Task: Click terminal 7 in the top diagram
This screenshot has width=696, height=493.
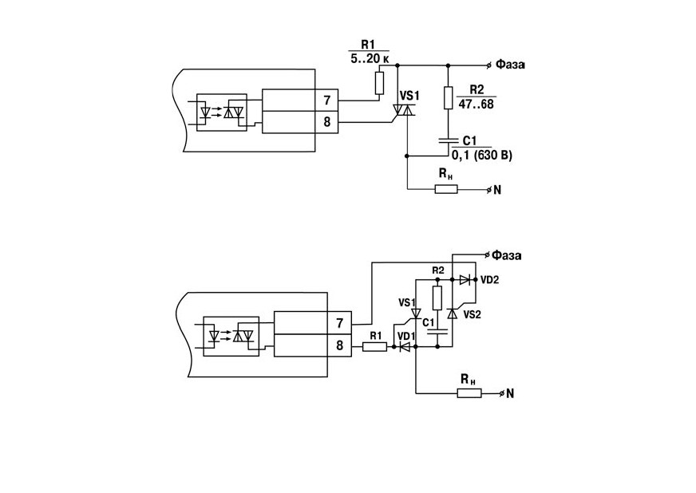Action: tap(326, 101)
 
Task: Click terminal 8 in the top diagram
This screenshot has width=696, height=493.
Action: tap(326, 122)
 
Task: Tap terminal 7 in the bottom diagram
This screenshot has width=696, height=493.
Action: tap(339, 323)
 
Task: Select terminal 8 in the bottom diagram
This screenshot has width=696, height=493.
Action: tap(339, 345)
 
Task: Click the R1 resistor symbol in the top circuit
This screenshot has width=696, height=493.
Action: tap(379, 83)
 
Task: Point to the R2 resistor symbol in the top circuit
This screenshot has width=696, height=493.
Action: tap(448, 98)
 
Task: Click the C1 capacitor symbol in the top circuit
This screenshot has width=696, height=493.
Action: tap(448, 140)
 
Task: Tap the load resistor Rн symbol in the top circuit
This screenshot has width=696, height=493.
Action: tap(446, 190)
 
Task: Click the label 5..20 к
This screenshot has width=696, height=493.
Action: tap(370, 58)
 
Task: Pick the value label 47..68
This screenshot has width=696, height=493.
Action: tap(476, 104)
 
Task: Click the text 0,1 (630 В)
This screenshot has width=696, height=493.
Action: tap(481, 156)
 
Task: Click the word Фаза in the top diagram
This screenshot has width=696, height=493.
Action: tap(510, 65)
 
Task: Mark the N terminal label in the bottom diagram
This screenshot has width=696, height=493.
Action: tap(509, 393)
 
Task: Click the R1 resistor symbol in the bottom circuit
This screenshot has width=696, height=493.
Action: tap(374, 347)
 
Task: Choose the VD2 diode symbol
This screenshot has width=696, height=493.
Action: tap(465, 279)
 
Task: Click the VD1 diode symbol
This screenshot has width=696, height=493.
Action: tap(405, 347)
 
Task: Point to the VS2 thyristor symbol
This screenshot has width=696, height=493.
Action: tap(453, 314)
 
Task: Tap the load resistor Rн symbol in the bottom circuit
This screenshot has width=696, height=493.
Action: tap(469, 393)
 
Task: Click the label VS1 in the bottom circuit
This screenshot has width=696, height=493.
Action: tap(406, 302)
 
